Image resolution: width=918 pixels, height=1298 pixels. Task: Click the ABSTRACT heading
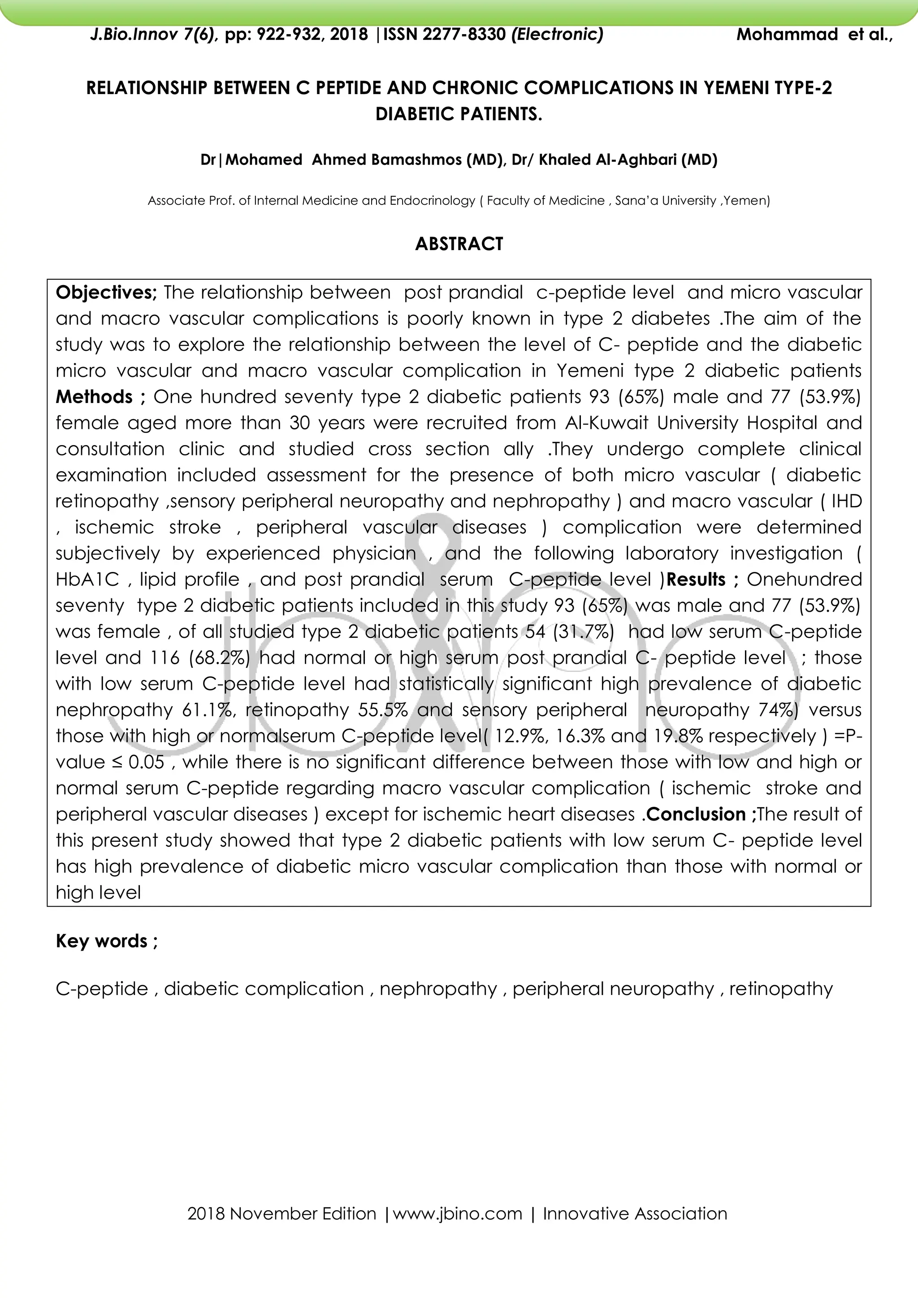[x=459, y=244]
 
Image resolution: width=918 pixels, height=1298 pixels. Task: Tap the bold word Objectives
[x=106, y=292]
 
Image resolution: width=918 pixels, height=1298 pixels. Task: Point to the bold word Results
[x=696, y=580]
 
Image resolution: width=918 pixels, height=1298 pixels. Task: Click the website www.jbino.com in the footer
[x=457, y=1213]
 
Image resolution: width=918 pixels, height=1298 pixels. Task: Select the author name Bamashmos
[x=416, y=160]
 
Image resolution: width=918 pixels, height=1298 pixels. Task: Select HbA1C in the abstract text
[x=87, y=580]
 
